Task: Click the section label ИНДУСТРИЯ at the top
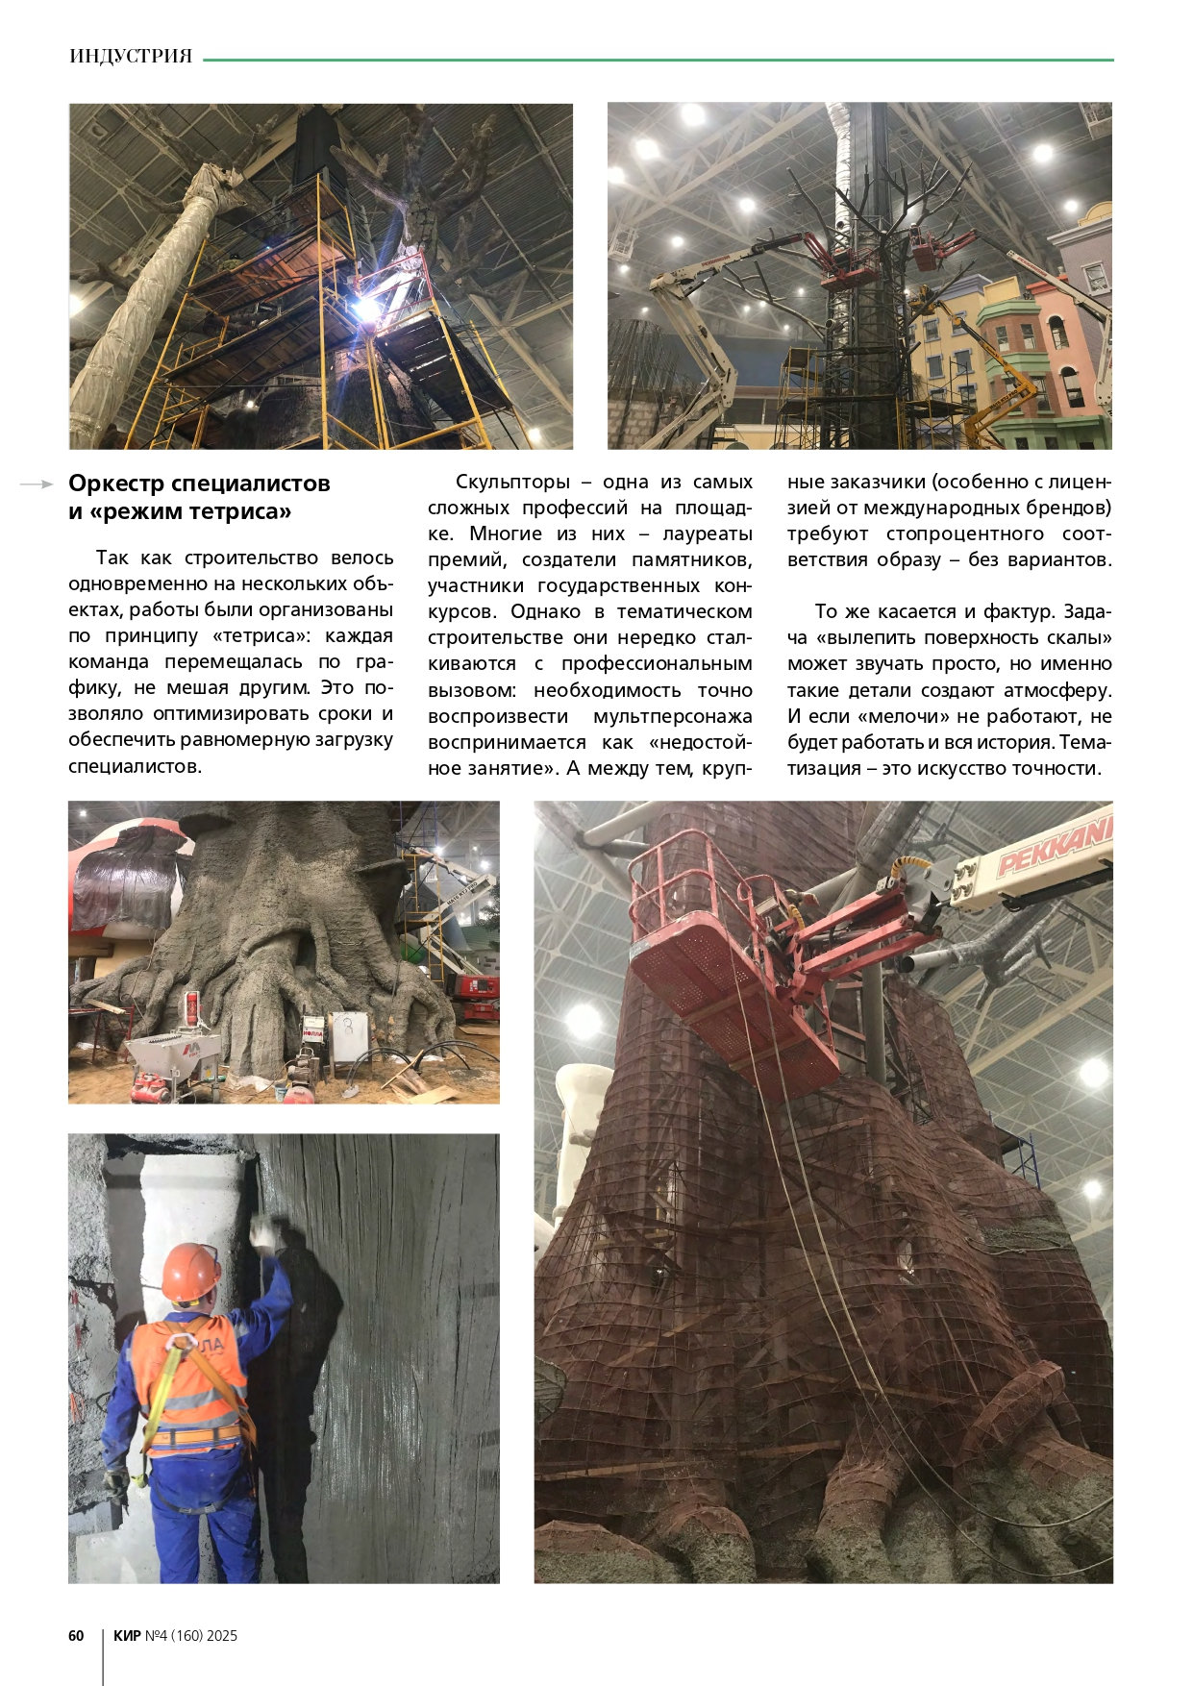(131, 57)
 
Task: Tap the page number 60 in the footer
(76, 1635)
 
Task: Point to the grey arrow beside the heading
(37, 484)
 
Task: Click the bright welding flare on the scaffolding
(366, 309)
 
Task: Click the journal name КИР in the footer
(127, 1635)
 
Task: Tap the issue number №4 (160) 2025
(191, 1635)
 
